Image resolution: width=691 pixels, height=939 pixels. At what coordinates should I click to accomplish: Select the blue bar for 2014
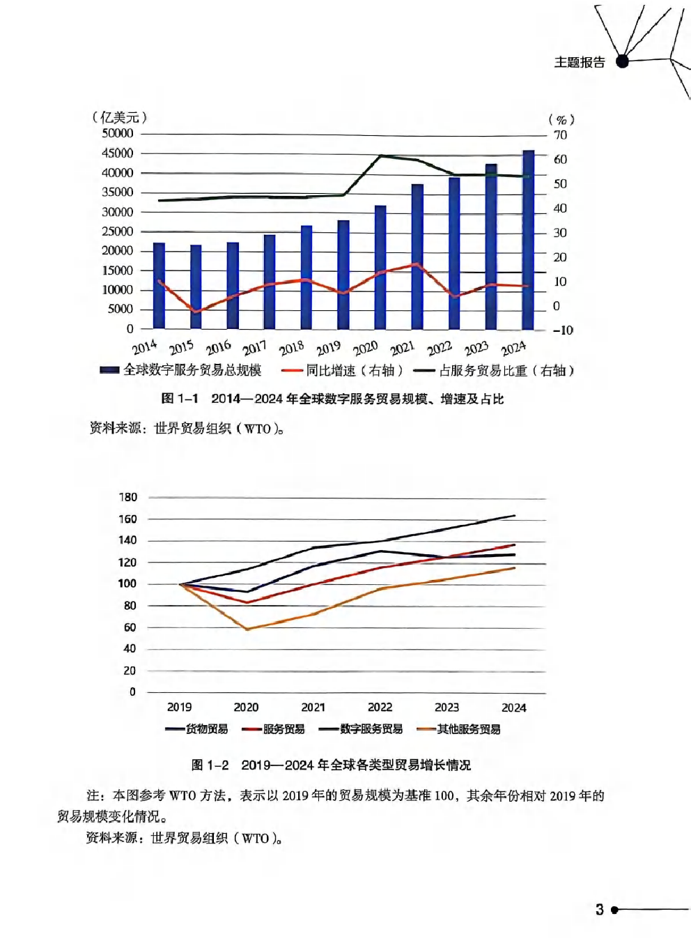click(159, 286)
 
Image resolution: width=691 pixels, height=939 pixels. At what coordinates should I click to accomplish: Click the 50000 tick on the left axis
click(118, 133)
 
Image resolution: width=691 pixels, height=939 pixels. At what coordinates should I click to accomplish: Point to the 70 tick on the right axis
click(561, 135)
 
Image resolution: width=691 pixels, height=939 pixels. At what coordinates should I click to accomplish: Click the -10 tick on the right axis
click(563, 330)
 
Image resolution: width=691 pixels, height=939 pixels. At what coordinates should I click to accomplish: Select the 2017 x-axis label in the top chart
click(255, 347)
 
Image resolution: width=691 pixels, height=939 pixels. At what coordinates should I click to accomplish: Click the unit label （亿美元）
click(120, 117)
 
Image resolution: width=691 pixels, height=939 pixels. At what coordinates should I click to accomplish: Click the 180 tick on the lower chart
click(128, 497)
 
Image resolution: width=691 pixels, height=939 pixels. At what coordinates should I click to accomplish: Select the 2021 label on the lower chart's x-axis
click(313, 707)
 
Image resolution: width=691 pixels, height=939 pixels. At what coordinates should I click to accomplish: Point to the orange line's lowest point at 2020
click(247, 629)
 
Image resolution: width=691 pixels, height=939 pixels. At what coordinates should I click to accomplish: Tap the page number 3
click(600, 909)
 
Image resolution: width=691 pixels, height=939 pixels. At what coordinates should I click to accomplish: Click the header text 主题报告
click(580, 62)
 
